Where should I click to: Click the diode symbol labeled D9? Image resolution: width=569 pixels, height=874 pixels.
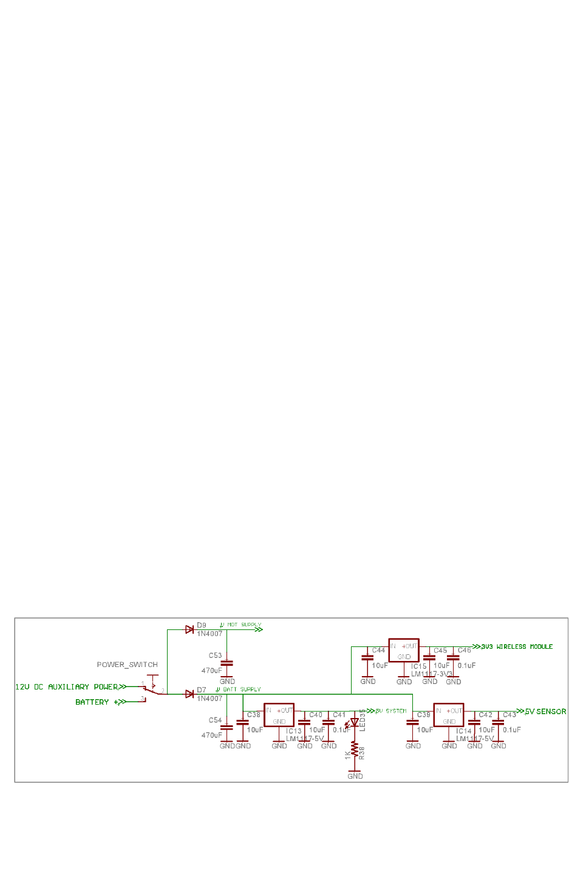point(189,630)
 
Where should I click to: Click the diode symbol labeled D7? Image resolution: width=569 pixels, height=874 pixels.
point(189,694)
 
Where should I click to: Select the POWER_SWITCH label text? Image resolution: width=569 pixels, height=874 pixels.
point(127,665)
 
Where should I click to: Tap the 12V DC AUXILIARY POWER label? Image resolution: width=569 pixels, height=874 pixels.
point(66,687)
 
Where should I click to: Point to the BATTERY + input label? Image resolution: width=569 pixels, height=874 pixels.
point(96,702)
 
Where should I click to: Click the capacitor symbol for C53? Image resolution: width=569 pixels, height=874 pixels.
point(227,664)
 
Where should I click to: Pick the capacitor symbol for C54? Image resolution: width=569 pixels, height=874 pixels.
point(227,727)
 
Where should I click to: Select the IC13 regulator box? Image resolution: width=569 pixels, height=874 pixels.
point(279,715)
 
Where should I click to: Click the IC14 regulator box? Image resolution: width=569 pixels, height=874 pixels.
point(449,715)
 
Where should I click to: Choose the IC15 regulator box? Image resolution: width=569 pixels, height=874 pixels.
point(404,651)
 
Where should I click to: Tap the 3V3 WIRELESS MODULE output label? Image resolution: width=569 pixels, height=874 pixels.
point(516,647)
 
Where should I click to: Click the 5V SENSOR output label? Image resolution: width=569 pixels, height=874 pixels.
point(545,711)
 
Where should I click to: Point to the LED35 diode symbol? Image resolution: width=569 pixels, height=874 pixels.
point(355,723)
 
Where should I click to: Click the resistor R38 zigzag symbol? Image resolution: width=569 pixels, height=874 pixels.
point(355,750)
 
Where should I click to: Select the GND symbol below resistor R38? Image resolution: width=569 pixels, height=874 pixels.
point(355,774)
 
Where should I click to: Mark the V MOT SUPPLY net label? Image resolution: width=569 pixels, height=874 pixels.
point(241,625)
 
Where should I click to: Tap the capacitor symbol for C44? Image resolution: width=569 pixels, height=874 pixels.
point(367,657)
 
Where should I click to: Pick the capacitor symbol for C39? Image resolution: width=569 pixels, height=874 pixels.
point(412,722)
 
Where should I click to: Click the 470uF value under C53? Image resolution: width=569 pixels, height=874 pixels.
point(212,671)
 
